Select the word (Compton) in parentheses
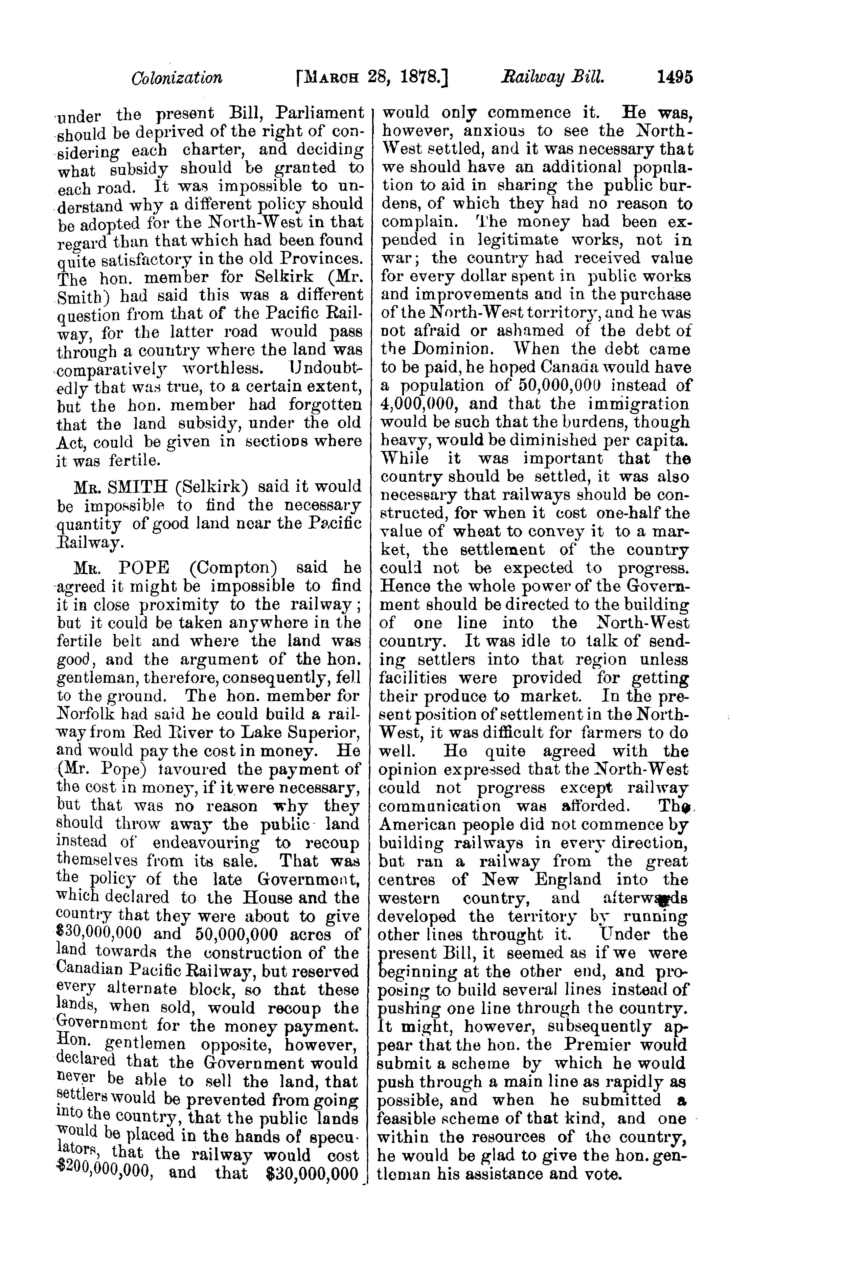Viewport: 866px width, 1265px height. point(233,568)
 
